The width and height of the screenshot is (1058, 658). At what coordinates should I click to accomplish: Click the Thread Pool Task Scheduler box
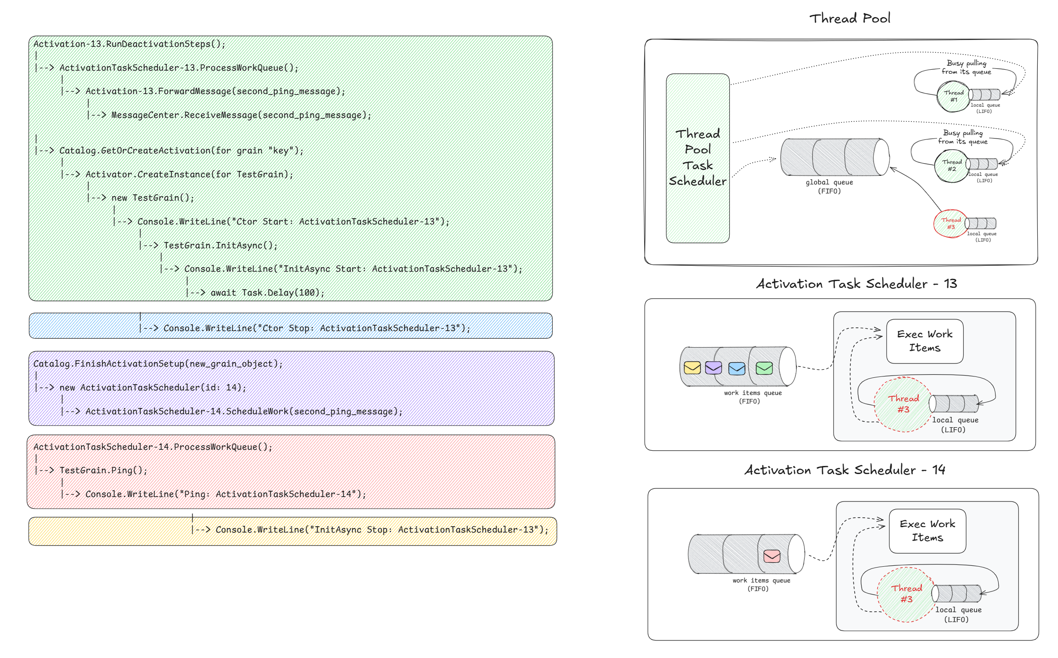coord(697,158)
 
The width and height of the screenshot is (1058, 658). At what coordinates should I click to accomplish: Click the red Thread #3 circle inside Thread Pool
coord(951,224)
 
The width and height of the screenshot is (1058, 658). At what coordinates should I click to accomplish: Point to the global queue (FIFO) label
coord(829,187)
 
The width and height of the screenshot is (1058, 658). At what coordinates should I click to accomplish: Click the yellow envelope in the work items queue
coord(692,368)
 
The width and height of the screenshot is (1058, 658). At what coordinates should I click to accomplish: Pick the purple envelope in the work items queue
coord(714,368)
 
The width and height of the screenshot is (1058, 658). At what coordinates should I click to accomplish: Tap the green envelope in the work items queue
coord(764,368)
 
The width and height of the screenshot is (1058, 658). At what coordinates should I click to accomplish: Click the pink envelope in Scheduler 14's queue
coord(772,556)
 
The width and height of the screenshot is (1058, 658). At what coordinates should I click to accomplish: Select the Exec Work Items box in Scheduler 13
coord(924,341)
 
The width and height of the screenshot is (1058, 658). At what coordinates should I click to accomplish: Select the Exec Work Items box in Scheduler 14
coord(927,531)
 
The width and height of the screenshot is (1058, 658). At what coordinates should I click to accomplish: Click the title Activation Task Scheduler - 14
coord(844,470)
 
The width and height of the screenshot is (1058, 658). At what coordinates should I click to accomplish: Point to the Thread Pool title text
coord(850,18)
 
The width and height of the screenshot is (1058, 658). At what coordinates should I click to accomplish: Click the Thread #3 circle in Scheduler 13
coord(903,404)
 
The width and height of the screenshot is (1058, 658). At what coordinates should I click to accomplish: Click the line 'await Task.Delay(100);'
coord(267,293)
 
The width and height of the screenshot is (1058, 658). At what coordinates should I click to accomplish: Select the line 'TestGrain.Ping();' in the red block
coord(103,470)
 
